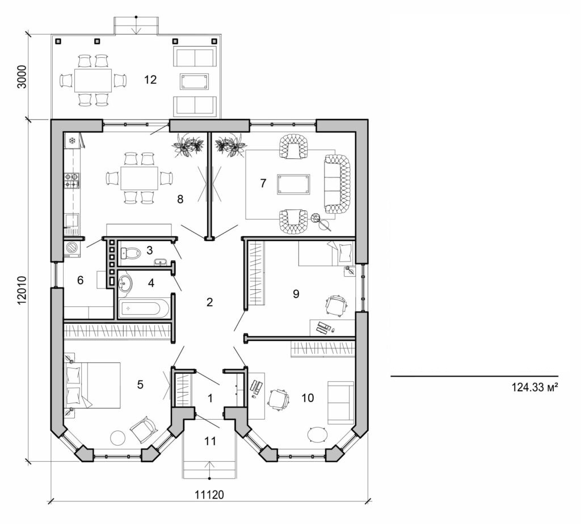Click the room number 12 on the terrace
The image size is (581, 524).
(150, 79)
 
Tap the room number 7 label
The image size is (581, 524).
(263, 183)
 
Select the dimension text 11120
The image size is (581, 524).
(209, 495)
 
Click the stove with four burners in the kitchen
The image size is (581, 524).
(72, 181)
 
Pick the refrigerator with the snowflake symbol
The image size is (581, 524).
(73, 140)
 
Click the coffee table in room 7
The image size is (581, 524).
(293, 185)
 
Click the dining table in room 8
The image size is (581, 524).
(139, 178)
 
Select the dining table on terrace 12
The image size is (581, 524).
(92, 80)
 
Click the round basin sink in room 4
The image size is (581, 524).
(124, 281)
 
